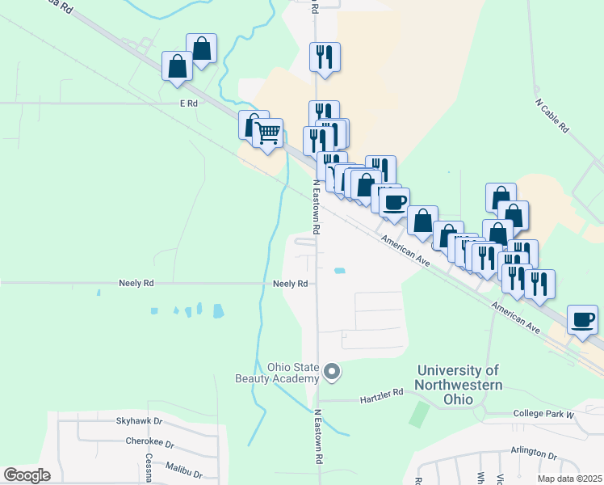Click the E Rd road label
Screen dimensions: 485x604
pos(188,103)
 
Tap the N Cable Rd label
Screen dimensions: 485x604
pos(552,116)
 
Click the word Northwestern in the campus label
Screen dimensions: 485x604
pos(459,386)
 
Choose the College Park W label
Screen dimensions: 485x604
pos(543,414)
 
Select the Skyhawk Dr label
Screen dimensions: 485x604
pos(139,421)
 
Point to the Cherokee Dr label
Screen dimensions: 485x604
pos(149,442)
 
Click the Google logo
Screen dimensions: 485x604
pos(27,474)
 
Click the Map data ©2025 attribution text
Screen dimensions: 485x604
pos(568,479)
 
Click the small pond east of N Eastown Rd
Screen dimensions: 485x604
pos(340,271)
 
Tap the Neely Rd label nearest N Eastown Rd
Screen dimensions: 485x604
pos(290,284)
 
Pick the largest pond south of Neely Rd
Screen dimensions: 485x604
pos(217,310)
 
